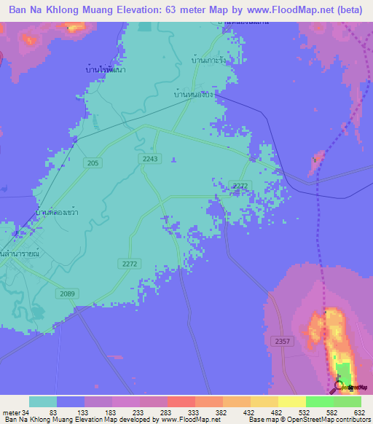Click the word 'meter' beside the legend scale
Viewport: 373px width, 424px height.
[10, 412]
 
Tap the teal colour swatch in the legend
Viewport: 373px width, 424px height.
[43, 401]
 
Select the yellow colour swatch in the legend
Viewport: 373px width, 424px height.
[292, 401]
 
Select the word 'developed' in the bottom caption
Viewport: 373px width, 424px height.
[137, 420]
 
